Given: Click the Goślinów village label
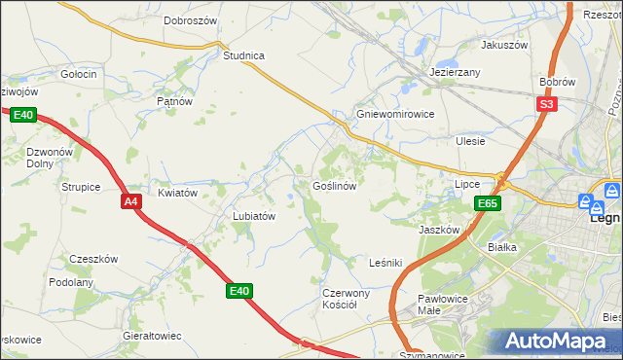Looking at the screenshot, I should tap(340, 186).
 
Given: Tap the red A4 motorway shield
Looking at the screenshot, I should tap(132, 201).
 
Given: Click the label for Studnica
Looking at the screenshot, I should tap(243, 55).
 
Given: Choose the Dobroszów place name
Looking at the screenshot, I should tap(190, 19).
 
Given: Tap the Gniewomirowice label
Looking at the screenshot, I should tap(395, 113).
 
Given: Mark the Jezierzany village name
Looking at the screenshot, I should tap(456, 73).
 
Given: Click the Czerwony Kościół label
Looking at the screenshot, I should tap(346, 298).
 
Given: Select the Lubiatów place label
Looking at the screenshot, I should tap(255, 216).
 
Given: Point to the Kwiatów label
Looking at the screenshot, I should tap(178, 193).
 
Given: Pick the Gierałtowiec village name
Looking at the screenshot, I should tap(153, 336).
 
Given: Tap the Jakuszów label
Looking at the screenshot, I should tap(504, 45).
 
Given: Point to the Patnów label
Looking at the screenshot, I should tap(174, 100).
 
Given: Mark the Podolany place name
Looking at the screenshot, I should tap(71, 282).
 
